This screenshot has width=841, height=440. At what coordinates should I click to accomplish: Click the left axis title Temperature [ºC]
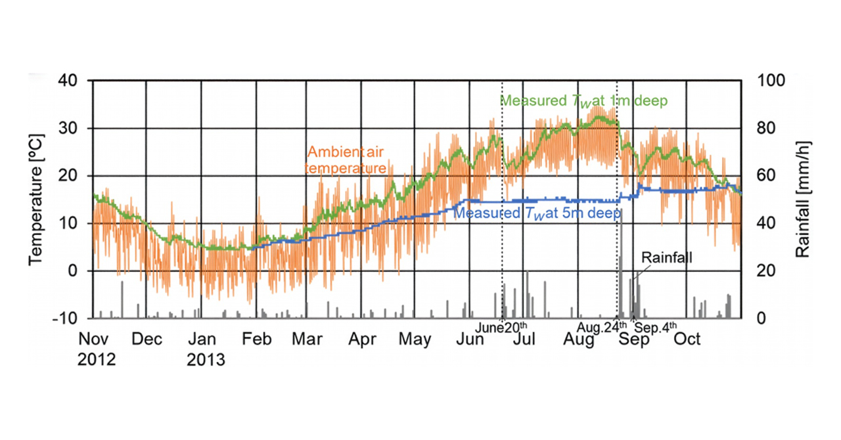coord(35,199)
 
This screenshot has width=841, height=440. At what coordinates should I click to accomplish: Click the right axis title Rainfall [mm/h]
coord(803,199)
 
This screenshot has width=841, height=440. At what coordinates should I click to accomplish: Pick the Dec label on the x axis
coord(147,340)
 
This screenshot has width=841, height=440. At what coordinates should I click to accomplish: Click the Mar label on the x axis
coord(308,340)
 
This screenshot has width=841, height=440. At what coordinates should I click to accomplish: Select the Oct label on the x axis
coord(688,340)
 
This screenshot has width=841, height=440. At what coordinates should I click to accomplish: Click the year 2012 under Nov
coord(97,360)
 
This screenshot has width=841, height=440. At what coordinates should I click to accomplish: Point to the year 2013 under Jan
coord(206,360)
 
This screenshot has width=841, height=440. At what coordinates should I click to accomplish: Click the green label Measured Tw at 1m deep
coord(584,101)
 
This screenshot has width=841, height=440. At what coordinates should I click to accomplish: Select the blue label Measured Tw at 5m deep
coord(537,213)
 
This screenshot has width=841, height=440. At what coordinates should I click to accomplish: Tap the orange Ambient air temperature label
coord(346,160)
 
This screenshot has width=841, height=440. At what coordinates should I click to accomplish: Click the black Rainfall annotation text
coord(667,258)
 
